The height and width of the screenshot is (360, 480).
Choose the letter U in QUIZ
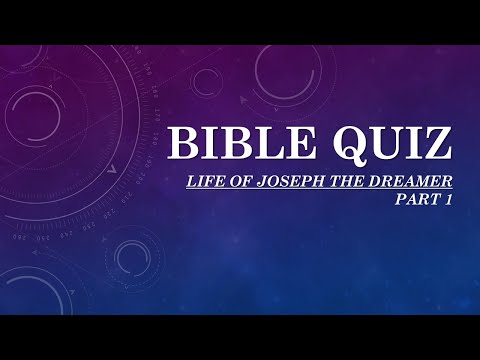pyautogui.click(x=382, y=145)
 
